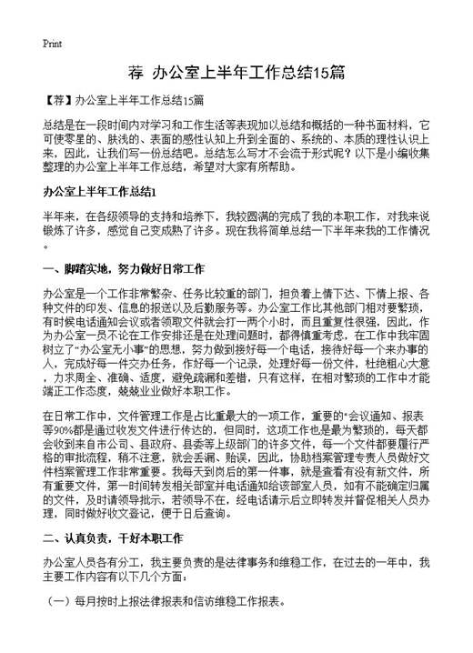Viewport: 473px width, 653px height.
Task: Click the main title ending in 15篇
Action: [x=236, y=74]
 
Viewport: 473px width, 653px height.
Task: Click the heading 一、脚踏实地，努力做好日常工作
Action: [x=123, y=270]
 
